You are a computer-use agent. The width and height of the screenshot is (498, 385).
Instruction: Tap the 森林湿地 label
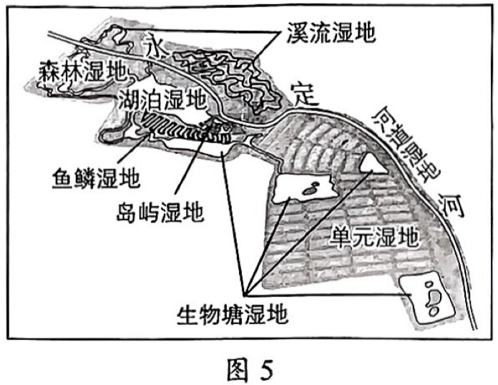pos(80,70)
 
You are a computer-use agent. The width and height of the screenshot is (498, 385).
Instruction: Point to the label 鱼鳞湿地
pos(97,175)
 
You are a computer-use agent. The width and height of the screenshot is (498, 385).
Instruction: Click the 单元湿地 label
pos(374,235)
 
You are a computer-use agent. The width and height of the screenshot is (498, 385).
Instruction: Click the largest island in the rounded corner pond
pos(432,294)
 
